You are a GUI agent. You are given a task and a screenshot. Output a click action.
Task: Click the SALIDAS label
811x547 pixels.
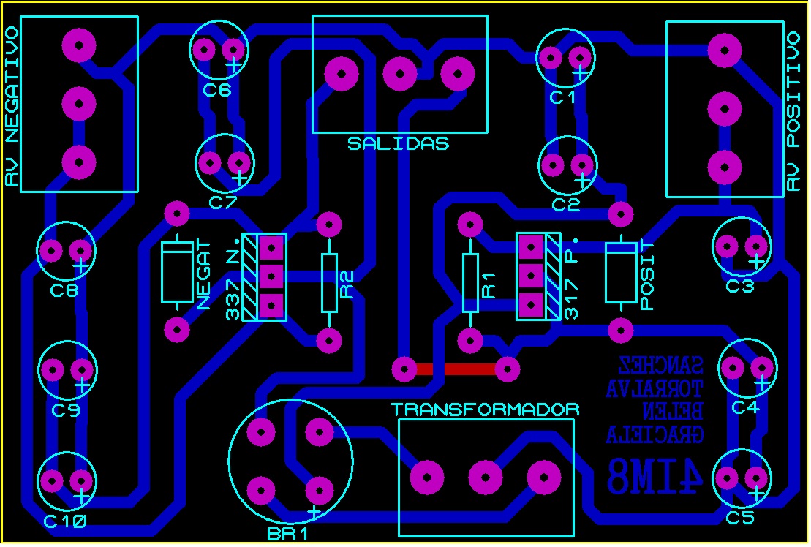coord(398,143)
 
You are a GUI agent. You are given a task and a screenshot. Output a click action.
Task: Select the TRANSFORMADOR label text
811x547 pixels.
coord(485,410)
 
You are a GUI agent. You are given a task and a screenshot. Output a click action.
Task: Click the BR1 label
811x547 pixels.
coord(287,534)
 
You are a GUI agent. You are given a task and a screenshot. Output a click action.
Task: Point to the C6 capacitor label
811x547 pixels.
coord(217,91)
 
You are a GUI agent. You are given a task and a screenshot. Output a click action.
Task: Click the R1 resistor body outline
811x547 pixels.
coord(470,283)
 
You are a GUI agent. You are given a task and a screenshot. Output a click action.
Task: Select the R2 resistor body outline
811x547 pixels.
coord(330,283)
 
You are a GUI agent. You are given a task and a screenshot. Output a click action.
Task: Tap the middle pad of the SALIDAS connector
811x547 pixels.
coord(400,73)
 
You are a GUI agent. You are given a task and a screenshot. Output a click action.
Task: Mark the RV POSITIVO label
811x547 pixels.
coord(794,111)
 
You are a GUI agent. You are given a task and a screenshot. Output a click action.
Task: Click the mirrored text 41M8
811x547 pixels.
coord(655,476)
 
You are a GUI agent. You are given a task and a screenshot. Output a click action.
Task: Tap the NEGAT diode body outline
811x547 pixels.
coord(176,271)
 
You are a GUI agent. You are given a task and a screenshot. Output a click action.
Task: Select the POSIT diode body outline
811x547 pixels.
coord(620,273)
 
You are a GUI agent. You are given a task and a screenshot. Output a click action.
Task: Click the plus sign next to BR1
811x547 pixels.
coord(314,511)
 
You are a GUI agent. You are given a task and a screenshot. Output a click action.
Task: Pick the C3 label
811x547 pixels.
coord(740,287)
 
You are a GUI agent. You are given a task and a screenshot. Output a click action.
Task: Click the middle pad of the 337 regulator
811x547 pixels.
coord(271,276)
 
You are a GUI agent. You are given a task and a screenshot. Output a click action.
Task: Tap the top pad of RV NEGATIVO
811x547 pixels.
coord(78,45)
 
